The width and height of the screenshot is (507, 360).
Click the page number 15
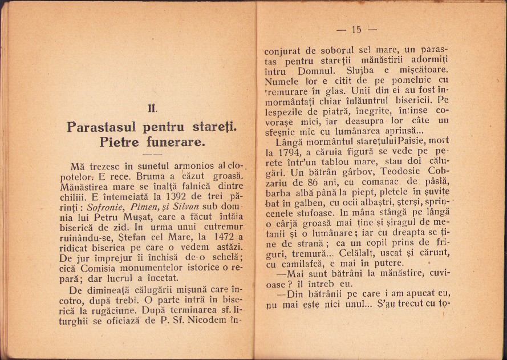[x=357, y=30]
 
